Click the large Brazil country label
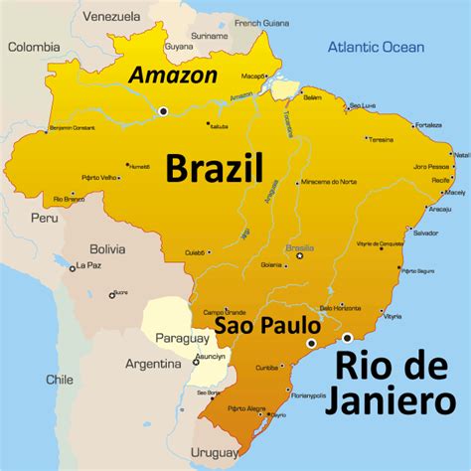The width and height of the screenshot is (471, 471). (x=214, y=167)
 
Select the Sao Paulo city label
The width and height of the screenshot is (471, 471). (x=267, y=326)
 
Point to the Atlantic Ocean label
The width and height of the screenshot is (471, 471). (x=377, y=47)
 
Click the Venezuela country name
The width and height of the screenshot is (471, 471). (x=111, y=17)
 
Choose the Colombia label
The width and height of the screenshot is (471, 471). (x=35, y=46)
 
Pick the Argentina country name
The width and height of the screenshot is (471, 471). (x=153, y=365)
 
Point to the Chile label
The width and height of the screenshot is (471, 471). (x=60, y=379)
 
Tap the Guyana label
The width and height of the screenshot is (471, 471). (x=179, y=46)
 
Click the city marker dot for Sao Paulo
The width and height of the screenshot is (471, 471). (x=312, y=344)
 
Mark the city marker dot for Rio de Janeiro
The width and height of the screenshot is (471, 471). (x=347, y=338)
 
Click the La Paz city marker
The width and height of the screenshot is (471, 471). (x=73, y=267)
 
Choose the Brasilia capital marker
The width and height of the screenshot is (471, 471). (x=299, y=255)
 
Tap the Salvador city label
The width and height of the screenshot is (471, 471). (x=425, y=233)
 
